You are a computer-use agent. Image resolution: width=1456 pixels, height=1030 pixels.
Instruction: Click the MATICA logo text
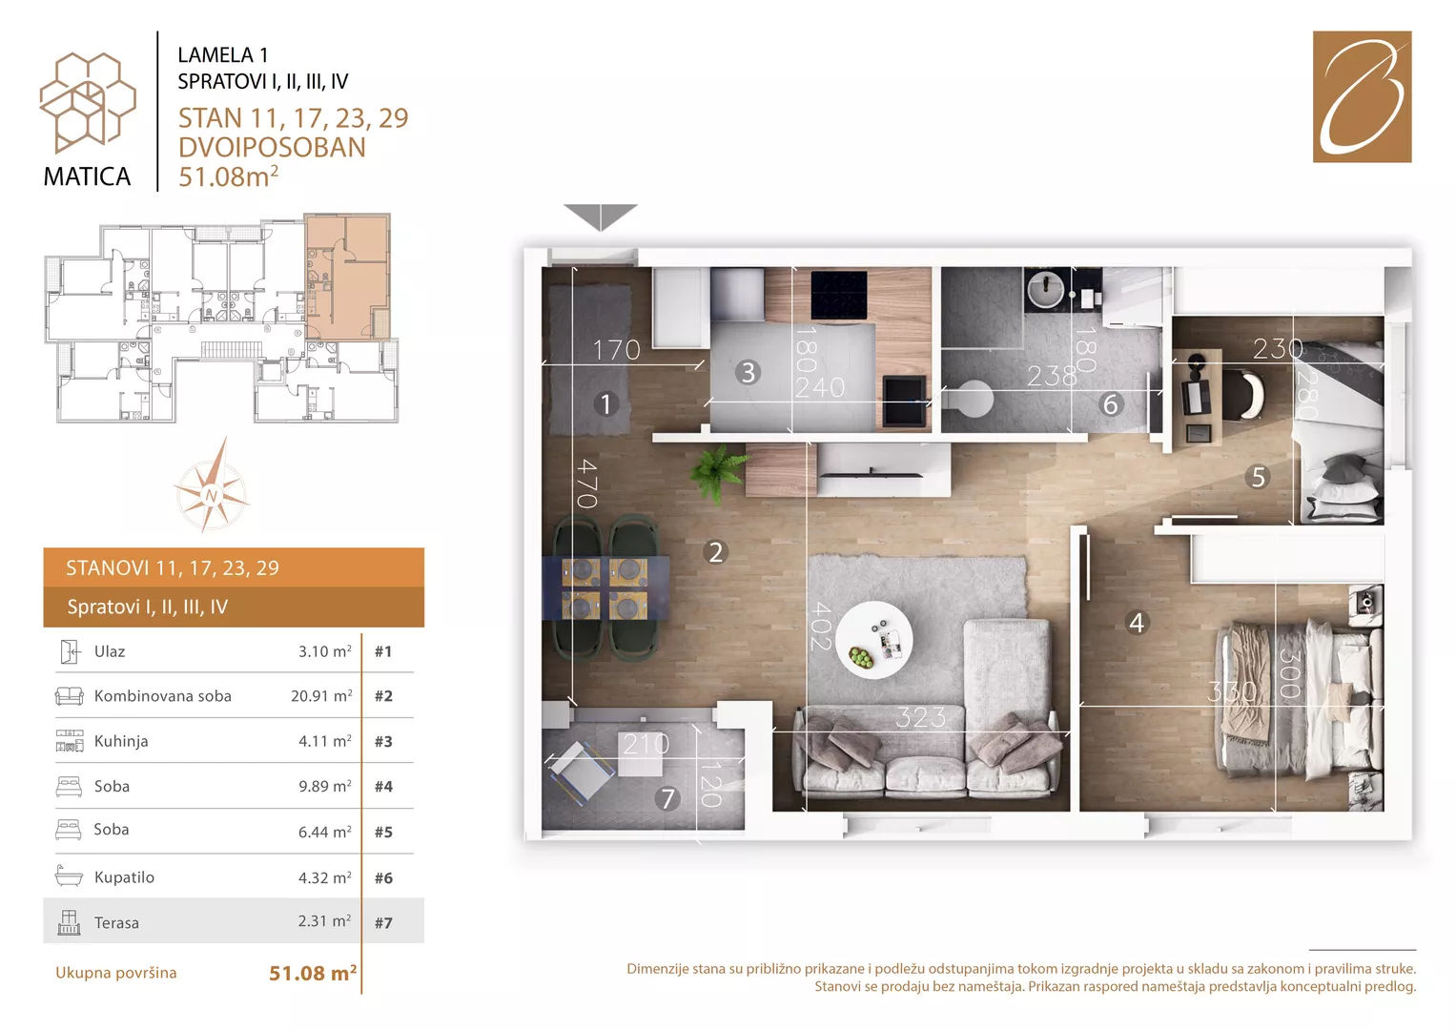(x=87, y=176)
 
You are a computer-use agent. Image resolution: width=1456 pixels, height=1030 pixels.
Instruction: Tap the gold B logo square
(x=1362, y=96)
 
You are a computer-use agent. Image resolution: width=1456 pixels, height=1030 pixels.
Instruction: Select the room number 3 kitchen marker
(x=748, y=373)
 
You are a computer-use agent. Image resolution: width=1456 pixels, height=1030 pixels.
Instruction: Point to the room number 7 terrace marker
(x=666, y=798)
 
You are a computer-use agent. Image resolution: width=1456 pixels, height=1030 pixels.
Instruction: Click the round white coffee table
(x=873, y=640)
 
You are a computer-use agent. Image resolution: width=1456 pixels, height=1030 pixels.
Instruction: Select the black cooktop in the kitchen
(x=838, y=295)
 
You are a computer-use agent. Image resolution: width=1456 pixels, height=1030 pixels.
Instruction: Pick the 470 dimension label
(x=586, y=484)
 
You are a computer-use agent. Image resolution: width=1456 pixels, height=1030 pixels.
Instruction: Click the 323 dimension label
(x=920, y=718)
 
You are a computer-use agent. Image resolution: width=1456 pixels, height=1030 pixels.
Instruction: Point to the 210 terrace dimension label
(x=646, y=744)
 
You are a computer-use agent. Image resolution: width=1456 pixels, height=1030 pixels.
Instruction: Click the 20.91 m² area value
(x=321, y=695)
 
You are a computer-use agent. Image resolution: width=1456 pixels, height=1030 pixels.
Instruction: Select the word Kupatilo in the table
(x=124, y=877)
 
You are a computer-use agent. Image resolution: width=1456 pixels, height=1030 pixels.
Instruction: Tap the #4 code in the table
(x=383, y=786)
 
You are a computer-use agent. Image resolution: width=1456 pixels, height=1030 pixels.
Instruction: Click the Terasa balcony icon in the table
(x=69, y=922)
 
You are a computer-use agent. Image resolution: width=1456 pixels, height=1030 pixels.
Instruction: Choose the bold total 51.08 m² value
(x=313, y=973)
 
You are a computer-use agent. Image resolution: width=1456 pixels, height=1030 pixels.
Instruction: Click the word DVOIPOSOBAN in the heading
(x=272, y=148)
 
